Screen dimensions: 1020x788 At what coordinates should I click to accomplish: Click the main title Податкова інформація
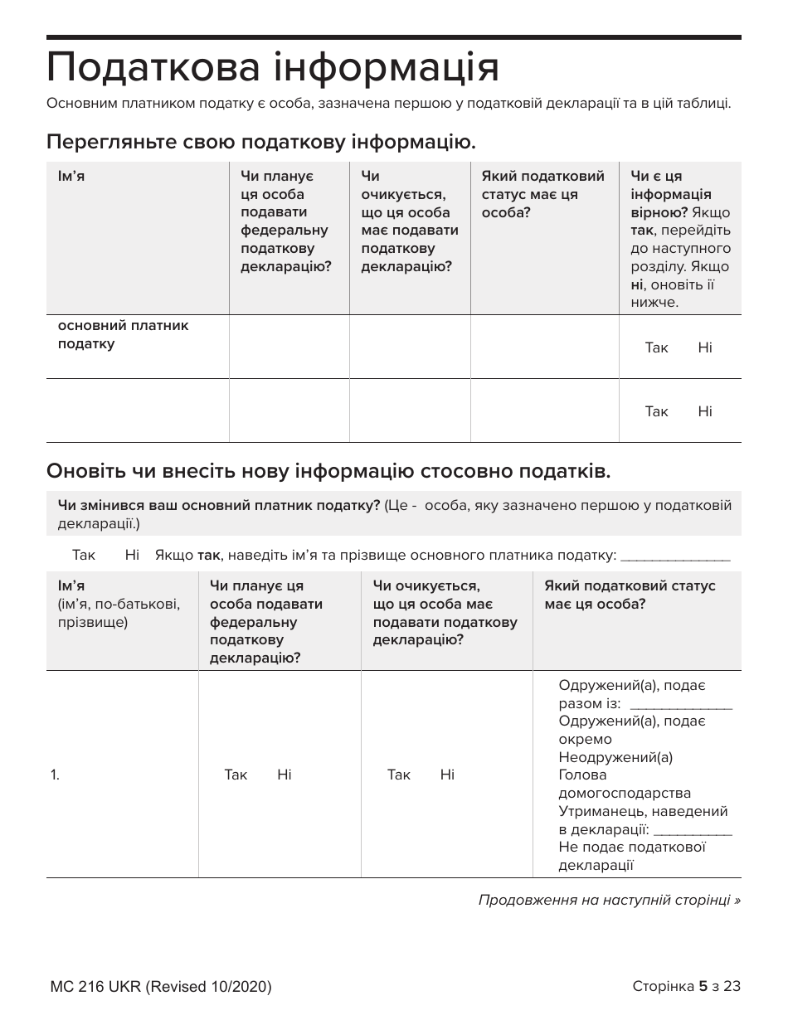tap(273, 67)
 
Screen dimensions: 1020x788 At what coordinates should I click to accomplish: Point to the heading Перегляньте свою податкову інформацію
tap(261, 141)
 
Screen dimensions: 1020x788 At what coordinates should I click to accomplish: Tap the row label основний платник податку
tap(123, 334)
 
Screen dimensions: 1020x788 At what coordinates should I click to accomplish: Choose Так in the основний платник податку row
tap(656, 347)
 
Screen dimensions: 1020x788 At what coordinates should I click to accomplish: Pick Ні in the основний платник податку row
tap(704, 347)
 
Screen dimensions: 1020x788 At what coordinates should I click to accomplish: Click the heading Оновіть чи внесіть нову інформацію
tap(328, 472)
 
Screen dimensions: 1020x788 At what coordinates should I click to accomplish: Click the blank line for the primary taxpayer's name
tap(674, 556)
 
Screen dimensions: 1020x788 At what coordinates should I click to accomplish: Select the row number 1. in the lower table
tap(55, 775)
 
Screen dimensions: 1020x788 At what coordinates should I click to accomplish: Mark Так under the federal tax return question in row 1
tap(236, 775)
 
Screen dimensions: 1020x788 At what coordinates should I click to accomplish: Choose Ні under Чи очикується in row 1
tap(447, 775)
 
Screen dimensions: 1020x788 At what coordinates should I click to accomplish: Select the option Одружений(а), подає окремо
tap(631, 730)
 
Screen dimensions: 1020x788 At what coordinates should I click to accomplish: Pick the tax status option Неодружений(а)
tap(615, 757)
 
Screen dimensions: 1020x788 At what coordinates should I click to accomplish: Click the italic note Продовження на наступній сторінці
tap(609, 900)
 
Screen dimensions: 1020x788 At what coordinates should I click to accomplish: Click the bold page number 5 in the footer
tap(703, 986)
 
